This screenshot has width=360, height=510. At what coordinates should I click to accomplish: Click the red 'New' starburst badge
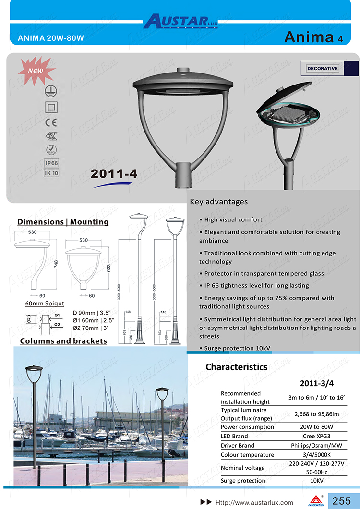pyautogui.click(x=36, y=71)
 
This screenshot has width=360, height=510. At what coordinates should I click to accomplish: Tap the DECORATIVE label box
pyautogui.click(x=322, y=69)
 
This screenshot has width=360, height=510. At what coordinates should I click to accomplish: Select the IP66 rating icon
pyautogui.click(x=51, y=163)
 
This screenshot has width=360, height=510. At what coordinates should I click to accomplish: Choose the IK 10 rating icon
pyautogui.click(x=51, y=173)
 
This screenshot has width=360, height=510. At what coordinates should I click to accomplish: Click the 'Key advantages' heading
pyautogui.click(x=219, y=202)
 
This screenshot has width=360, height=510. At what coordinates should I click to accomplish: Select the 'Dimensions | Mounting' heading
pyautogui.click(x=63, y=222)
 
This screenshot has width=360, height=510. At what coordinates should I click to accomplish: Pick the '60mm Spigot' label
pyautogui.click(x=45, y=304)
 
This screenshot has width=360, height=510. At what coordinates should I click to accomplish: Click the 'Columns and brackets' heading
pyautogui.click(x=63, y=341)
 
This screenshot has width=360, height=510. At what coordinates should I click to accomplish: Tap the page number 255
pyautogui.click(x=341, y=501)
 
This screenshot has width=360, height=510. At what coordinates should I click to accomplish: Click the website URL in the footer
pyautogui.click(x=254, y=502)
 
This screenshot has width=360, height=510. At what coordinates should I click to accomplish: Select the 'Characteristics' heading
pyautogui.click(x=237, y=367)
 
